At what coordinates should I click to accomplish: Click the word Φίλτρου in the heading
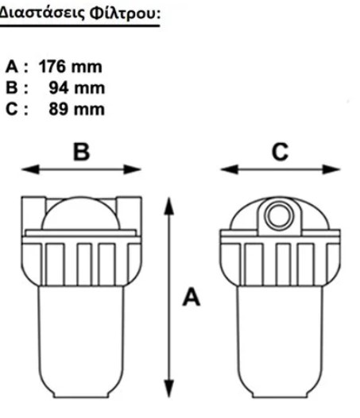point(125,14)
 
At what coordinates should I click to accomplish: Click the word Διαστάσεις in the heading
point(42,14)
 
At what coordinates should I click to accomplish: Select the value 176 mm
point(71,67)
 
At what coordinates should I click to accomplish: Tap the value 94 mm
point(77,88)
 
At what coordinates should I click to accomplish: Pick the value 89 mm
point(76,109)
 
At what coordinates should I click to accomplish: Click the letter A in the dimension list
point(11,67)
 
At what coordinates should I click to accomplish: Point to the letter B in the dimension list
point(11,88)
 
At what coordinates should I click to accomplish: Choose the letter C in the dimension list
point(11,110)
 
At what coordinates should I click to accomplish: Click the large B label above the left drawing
point(82,152)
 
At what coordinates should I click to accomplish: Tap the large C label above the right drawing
point(280,152)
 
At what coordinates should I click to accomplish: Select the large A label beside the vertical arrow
point(192,297)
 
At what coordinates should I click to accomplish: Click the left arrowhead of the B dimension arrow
point(30,169)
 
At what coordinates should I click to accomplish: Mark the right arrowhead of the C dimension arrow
point(331,169)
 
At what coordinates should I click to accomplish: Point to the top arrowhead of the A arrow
point(168,207)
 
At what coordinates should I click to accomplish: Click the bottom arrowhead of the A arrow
point(168,389)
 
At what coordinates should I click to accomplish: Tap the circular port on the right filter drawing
point(280,215)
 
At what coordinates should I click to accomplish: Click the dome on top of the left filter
point(81,213)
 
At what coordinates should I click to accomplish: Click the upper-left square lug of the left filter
point(33,213)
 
